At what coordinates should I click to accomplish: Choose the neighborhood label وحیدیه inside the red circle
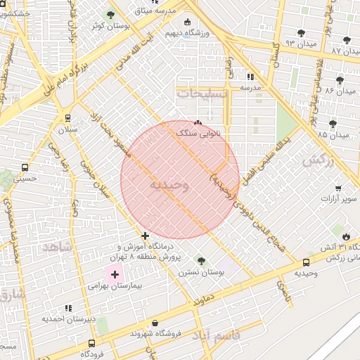[169, 184]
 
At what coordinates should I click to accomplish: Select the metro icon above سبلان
[67, 118]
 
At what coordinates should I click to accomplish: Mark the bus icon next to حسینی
[25, 168]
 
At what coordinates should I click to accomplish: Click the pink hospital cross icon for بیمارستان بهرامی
[115, 274]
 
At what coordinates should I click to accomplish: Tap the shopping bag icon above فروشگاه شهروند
[155, 323]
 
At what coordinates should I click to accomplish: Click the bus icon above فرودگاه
[92, 343]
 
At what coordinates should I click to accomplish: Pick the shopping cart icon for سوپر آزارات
[338, 188]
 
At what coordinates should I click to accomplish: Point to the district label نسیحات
[202, 93]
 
